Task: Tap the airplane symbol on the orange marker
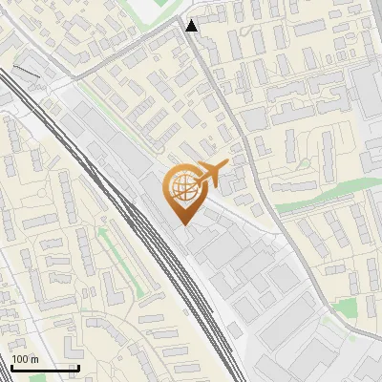[x=207, y=174]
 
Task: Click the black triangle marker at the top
[x=192, y=26]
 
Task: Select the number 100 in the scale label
[x=19, y=359]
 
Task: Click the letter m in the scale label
[x=33, y=359]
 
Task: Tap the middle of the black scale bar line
[x=45, y=368]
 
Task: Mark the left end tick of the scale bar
[x=11, y=367]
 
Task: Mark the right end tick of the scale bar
[x=78, y=367]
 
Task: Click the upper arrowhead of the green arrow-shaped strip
[x=100, y=230]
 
